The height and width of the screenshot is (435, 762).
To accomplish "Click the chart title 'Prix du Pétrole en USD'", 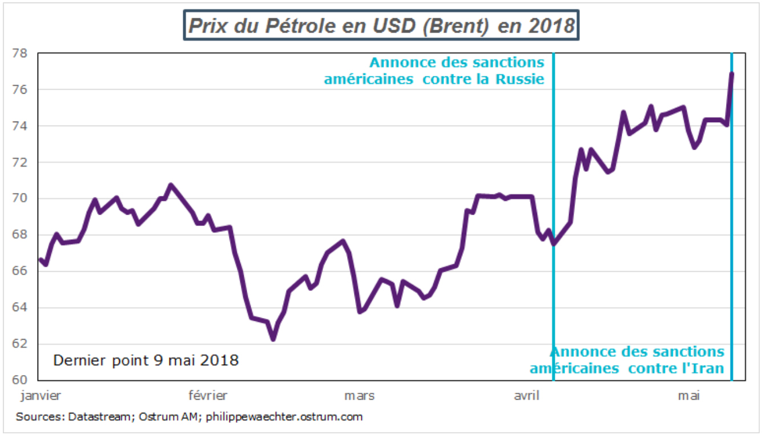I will [x=381, y=26].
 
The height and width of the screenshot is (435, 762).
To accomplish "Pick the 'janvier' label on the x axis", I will [x=41, y=395].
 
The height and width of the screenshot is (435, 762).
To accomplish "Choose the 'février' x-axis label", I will [x=208, y=395].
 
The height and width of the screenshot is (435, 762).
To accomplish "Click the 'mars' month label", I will [x=359, y=395].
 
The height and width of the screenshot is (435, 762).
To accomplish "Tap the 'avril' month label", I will [x=527, y=395].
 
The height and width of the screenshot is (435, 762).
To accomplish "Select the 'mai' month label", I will [x=690, y=395].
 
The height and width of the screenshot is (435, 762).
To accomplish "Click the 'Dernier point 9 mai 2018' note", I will [x=146, y=361].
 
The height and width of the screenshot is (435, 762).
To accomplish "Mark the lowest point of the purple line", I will [x=273, y=339].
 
